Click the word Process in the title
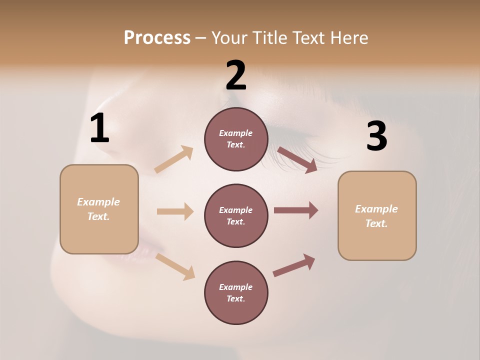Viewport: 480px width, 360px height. click(157, 38)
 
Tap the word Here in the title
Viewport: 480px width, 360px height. click(350, 38)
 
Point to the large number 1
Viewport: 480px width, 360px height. click(99, 128)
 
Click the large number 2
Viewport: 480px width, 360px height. click(236, 75)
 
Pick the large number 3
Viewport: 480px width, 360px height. click(376, 136)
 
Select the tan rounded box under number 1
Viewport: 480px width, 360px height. click(99, 209)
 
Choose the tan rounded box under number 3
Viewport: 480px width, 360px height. click(377, 216)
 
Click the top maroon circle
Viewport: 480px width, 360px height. click(236, 139)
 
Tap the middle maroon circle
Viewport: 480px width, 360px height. click(236, 215)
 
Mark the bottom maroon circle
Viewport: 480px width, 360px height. click(236, 292)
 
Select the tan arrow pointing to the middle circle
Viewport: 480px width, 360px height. click(175, 211)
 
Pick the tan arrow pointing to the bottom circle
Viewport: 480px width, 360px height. click(175, 266)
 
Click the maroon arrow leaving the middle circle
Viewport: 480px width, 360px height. click(296, 210)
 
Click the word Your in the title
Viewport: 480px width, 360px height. click(229, 38)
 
